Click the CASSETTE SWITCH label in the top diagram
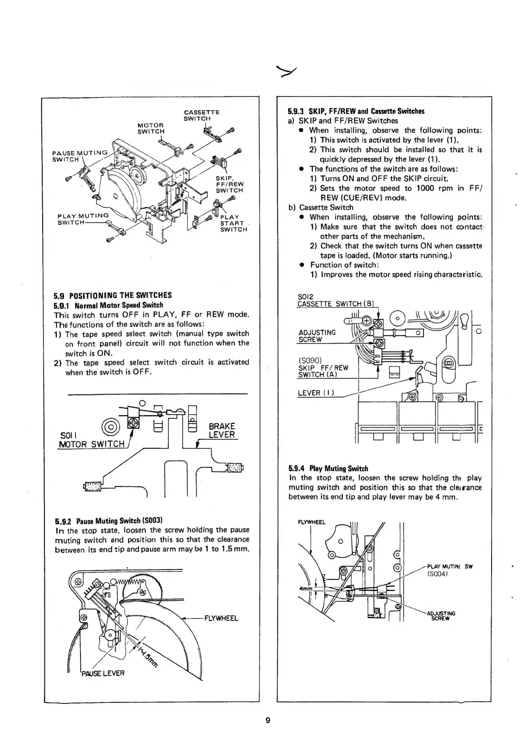(x=201, y=115)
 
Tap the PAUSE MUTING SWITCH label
(x=80, y=156)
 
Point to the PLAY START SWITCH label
(x=233, y=223)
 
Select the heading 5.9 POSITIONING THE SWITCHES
(x=113, y=295)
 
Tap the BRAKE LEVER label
(x=222, y=430)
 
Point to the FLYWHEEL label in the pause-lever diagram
(x=221, y=618)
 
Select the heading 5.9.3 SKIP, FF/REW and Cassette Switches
(x=356, y=111)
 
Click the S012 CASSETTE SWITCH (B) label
(x=336, y=300)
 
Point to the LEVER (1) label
(x=316, y=393)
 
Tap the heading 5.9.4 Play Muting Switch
(x=328, y=468)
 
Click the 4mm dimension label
(x=307, y=589)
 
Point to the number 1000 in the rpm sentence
(x=424, y=188)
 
